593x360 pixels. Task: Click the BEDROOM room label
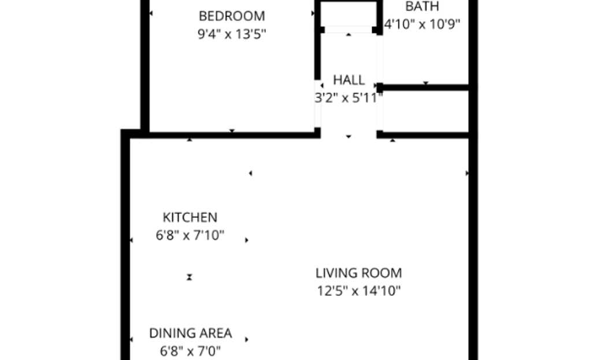click(x=232, y=16)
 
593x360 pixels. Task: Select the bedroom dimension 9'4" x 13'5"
click(x=232, y=34)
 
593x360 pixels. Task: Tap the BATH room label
click(x=422, y=7)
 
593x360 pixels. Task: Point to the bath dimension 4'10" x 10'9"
click(x=422, y=25)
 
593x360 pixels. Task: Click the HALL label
click(x=349, y=80)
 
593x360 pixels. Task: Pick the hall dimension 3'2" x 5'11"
click(x=349, y=98)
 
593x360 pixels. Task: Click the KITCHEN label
click(x=190, y=217)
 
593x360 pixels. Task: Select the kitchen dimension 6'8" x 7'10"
click(x=190, y=236)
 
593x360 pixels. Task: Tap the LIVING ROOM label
click(x=358, y=273)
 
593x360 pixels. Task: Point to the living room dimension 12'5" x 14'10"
click(x=358, y=291)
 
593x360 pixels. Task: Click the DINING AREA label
click(x=190, y=333)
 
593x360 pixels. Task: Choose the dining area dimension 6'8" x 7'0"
click(x=190, y=351)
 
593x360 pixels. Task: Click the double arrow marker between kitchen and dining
click(x=190, y=277)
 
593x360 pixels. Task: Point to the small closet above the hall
click(x=349, y=13)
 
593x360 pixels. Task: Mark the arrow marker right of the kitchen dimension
click(x=247, y=240)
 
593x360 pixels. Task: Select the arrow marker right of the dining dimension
click(x=247, y=339)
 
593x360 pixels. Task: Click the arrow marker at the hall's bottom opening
click(x=349, y=136)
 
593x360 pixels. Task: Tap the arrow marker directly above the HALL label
click(x=349, y=35)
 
